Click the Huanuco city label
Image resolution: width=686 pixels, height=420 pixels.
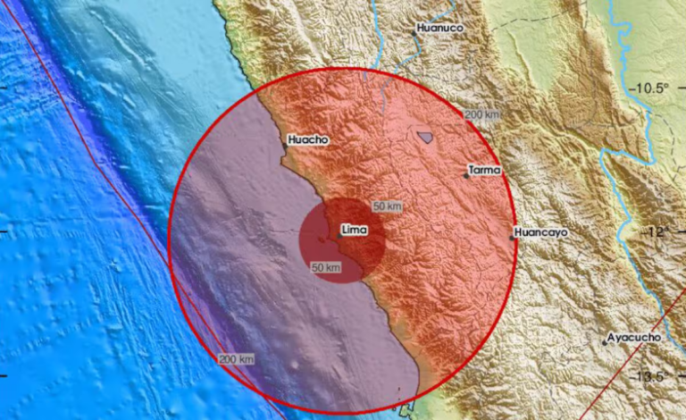[x=441, y=29]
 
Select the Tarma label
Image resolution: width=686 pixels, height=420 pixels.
[x=485, y=170]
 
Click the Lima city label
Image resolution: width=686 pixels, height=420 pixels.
[x=355, y=231]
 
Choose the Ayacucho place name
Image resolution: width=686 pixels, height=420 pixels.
[x=633, y=338]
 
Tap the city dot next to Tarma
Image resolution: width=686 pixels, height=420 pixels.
[x=466, y=176]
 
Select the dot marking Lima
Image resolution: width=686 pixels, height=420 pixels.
[x=339, y=236]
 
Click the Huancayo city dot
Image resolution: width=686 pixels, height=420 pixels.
[x=513, y=237]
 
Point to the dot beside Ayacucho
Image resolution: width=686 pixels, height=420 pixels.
[x=605, y=343]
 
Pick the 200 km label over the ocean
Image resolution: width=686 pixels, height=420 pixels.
[x=235, y=359]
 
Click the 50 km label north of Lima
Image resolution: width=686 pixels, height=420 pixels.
[x=388, y=206]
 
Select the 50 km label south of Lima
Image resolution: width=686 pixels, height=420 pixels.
[x=326, y=267]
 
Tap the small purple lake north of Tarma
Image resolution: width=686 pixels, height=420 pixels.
[x=426, y=138]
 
